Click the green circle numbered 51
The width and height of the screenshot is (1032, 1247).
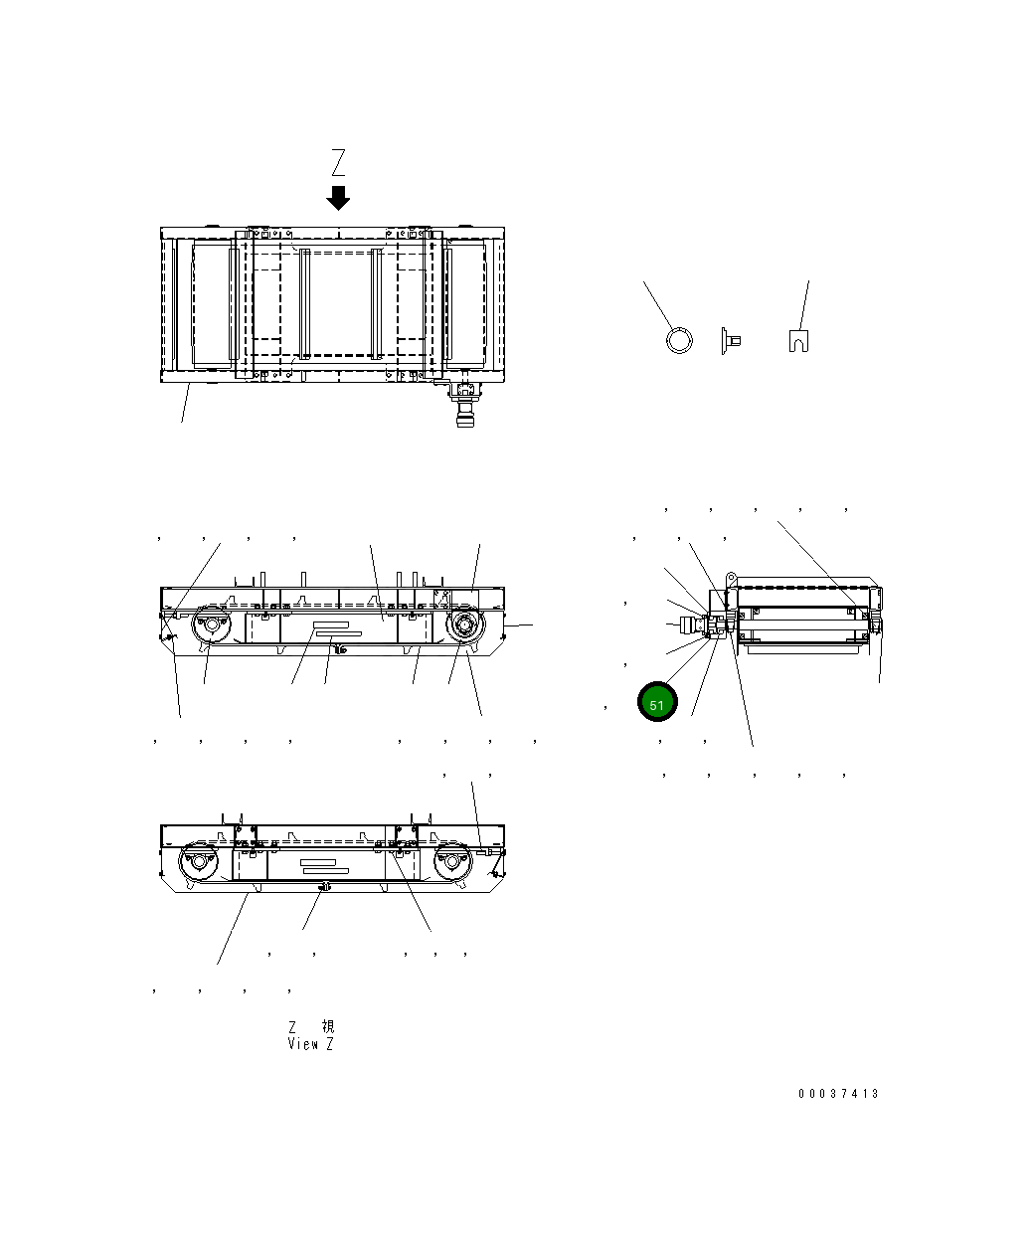pyautogui.click(x=656, y=702)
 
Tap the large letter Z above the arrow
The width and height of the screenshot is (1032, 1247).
pyautogui.click(x=338, y=163)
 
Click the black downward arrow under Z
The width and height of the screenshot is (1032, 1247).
pyautogui.click(x=338, y=197)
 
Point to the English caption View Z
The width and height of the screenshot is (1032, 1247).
pyautogui.click(x=310, y=1044)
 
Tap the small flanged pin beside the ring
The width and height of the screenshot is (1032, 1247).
pyautogui.click(x=728, y=341)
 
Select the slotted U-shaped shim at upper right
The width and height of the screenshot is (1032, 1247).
pyautogui.click(x=797, y=340)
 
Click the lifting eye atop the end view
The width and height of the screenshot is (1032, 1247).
pyautogui.click(x=730, y=577)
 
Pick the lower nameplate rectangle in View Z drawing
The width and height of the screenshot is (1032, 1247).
pyautogui.click(x=325, y=870)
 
